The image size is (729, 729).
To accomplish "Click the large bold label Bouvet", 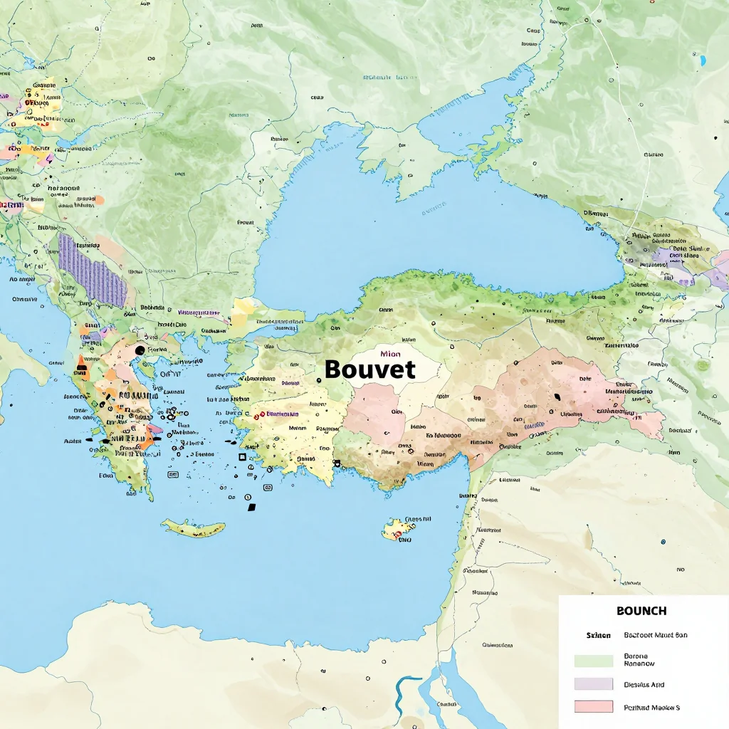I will click(369, 369).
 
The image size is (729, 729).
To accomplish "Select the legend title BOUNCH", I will click(641, 611).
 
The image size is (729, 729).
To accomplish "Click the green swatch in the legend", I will click(593, 660).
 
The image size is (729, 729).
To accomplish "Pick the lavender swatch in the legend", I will click(593, 683).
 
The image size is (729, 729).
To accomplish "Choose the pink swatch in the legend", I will click(593, 706).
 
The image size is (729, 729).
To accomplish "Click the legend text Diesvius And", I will click(644, 684).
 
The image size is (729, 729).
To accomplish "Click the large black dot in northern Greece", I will click(140, 350).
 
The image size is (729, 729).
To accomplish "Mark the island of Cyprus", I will click(399, 528).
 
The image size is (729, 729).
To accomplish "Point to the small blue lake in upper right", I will click(703, 61).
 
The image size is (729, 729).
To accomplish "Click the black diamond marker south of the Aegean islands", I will click(251, 507).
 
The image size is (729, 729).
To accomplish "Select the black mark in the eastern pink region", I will click(557, 397).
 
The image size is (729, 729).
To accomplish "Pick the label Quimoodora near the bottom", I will click(498, 646).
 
